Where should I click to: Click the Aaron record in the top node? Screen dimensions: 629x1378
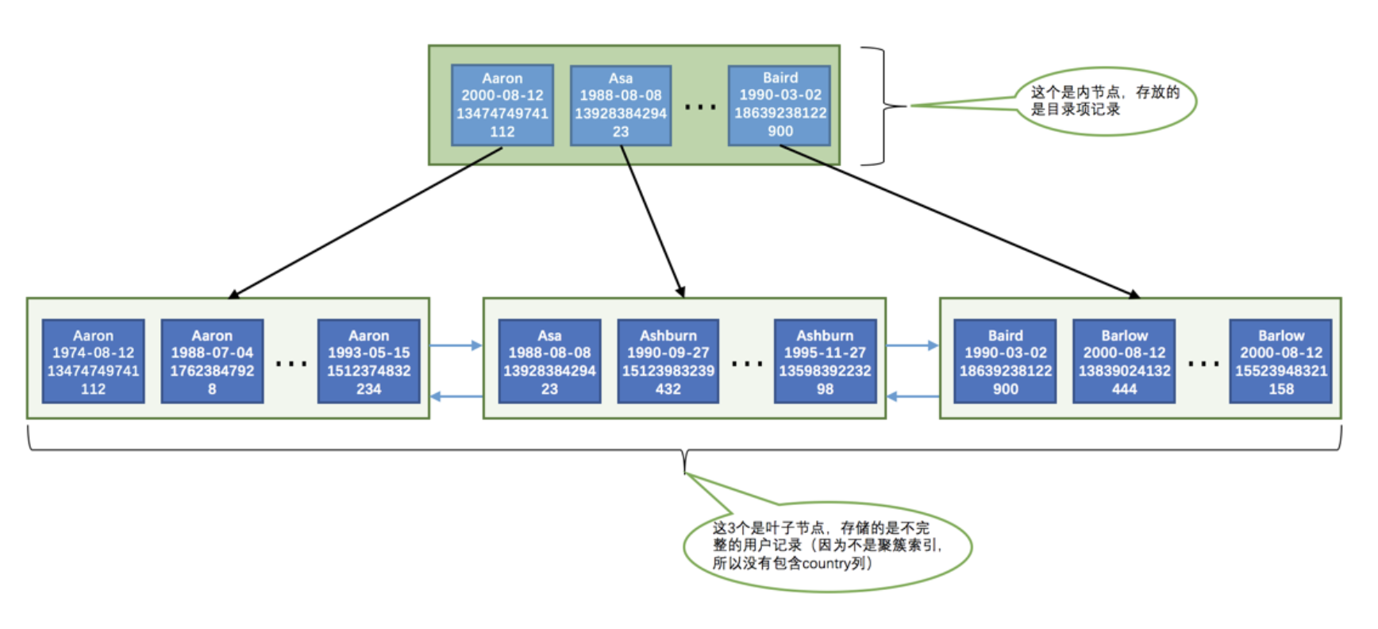502,105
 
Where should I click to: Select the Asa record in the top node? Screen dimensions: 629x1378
620,105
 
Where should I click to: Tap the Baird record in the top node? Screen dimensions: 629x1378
779,105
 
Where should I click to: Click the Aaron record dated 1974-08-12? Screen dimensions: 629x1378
93,361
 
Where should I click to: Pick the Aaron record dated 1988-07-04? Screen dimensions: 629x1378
212,361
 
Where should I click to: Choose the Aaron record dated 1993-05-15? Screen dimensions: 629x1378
368,361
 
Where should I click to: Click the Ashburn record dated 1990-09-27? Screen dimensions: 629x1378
668,361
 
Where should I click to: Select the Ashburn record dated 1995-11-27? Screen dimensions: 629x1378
825,361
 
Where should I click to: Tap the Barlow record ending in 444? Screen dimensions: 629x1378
1124,361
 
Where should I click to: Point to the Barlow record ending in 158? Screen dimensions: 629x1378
1280,361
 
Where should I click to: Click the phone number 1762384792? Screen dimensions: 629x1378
212,371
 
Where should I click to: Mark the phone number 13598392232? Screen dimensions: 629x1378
825,371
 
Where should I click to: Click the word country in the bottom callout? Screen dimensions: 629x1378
826,564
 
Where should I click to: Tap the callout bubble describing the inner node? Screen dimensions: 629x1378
1105,101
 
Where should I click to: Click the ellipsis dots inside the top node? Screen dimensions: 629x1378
700,106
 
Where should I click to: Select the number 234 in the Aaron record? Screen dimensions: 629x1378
368,389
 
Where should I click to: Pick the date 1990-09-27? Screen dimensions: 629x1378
668,353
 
